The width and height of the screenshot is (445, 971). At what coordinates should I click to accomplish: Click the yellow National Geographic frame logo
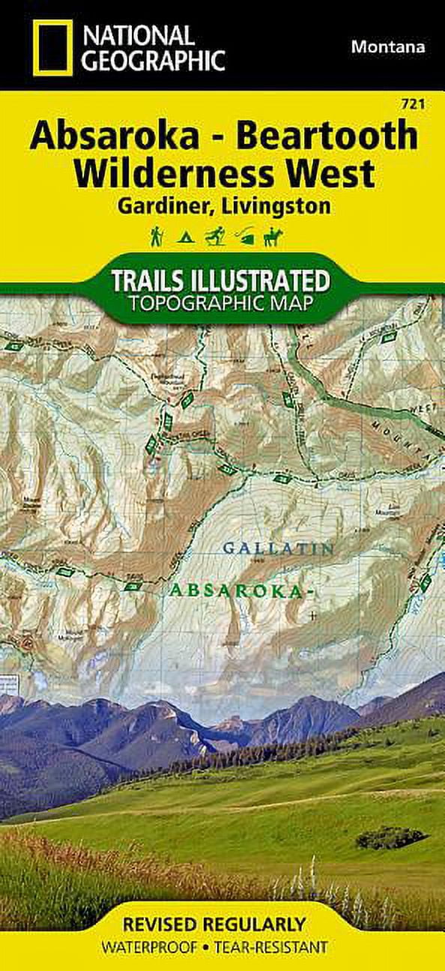click(x=52, y=48)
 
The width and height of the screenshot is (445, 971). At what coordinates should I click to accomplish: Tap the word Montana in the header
click(x=387, y=46)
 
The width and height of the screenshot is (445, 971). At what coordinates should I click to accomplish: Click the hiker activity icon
click(x=157, y=237)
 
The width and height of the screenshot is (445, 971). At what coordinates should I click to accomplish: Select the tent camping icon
click(x=184, y=238)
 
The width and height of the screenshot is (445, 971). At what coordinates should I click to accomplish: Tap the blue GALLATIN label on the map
click(x=278, y=549)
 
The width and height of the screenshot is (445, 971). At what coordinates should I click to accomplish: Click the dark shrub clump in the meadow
click(x=390, y=837)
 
